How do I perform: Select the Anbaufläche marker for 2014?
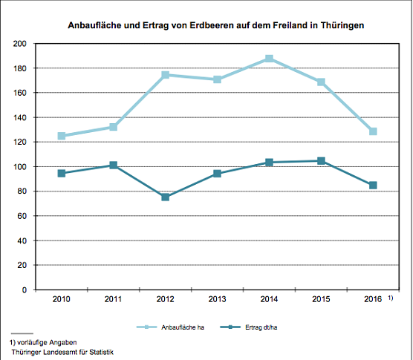pyautogui.click(x=269, y=59)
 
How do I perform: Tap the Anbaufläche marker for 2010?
pyautogui.click(x=62, y=136)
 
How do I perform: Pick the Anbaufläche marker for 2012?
pyautogui.click(x=165, y=75)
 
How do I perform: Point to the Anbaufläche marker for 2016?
pyautogui.click(x=373, y=131)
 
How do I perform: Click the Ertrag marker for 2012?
pyautogui.click(x=165, y=197)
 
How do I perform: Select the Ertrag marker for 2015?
pyautogui.click(x=321, y=160)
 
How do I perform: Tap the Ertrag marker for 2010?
pyautogui.click(x=62, y=173)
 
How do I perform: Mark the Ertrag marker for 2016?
pyautogui.click(x=373, y=185)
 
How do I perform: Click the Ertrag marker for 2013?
pyautogui.click(x=217, y=174)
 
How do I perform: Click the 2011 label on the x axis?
pyautogui.click(x=113, y=299)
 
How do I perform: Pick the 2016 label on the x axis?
pyautogui.click(x=373, y=299)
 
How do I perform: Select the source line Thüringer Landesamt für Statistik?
pyautogui.click(x=62, y=353)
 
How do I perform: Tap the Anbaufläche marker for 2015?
pyautogui.click(x=321, y=82)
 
